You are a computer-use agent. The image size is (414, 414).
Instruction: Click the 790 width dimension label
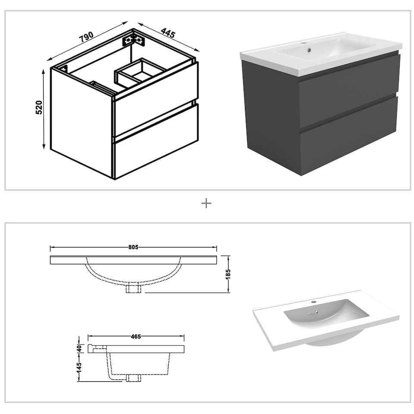pyautogui.click(x=86, y=38)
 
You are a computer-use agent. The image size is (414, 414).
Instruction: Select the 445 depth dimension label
pyautogui.click(x=168, y=33)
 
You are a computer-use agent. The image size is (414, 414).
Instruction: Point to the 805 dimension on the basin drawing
pyautogui.click(x=133, y=248)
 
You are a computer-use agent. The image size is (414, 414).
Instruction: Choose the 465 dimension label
pyautogui.click(x=136, y=336)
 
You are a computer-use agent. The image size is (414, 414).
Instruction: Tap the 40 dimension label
pyautogui.click(x=79, y=348)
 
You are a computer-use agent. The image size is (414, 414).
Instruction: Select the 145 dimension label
pyautogui.click(x=79, y=367)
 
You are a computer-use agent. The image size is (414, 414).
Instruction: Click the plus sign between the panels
pyautogui.click(x=207, y=203)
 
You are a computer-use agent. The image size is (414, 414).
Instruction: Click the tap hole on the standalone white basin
pyautogui.click(x=314, y=302)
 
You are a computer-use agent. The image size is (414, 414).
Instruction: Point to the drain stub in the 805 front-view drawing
pyautogui.click(x=134, y=289)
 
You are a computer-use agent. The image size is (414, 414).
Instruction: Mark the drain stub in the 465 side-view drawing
pyautogui.click(x=134, y=378)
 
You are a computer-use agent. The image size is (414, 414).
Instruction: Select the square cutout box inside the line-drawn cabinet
pyautogui.click(x=140, y=71)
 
